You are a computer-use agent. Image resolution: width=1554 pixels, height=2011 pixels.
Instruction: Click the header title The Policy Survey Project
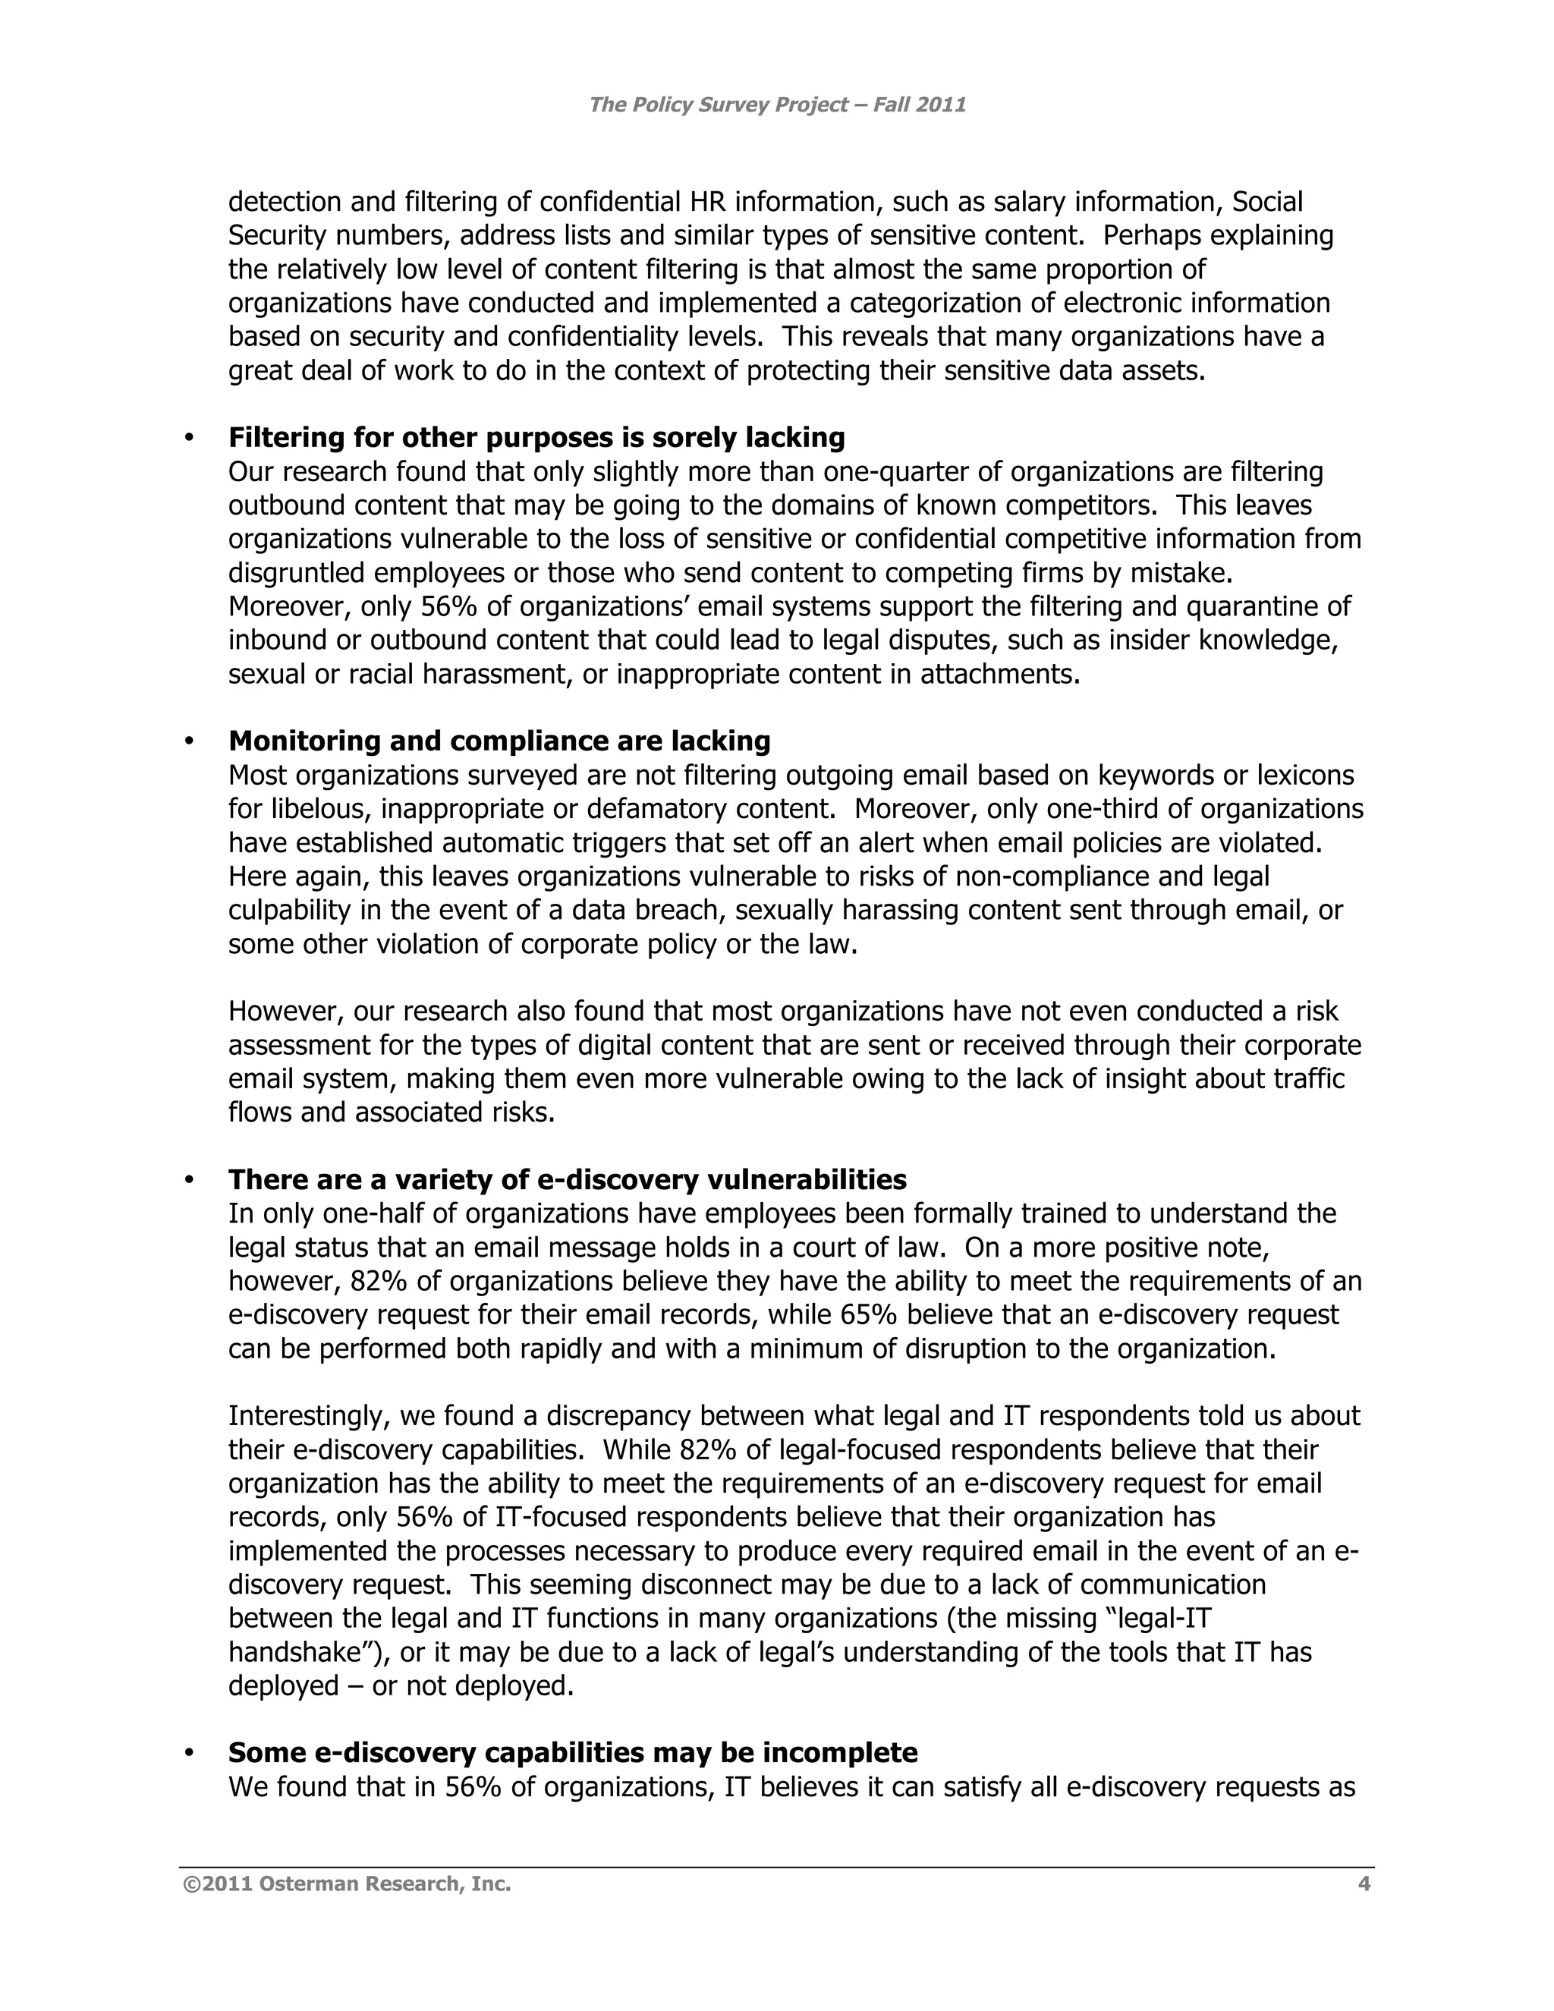[776, 105]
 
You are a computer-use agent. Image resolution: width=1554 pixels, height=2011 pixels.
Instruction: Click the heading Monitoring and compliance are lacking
[499, 741]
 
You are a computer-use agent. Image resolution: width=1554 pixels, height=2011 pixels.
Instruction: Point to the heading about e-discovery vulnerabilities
[567, 1179]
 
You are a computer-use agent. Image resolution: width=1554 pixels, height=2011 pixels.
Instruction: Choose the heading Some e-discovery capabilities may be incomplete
[573, 1752]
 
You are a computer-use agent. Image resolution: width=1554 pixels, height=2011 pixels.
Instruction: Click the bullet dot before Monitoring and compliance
[190, 742]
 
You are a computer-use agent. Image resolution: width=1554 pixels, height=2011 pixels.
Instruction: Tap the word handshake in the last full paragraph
[294, 1652]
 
